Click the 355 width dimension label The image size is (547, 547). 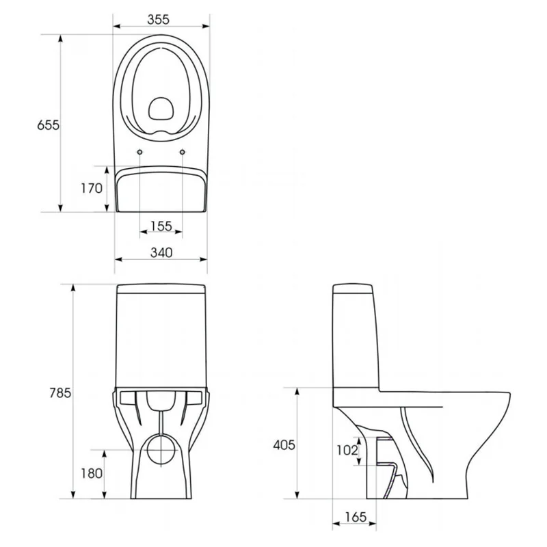158,20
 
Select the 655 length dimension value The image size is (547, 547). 48,125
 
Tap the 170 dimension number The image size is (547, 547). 92,189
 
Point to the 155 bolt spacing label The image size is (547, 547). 161,226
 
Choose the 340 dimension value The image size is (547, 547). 161,252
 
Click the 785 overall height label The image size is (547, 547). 60,392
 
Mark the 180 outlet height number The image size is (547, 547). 92,473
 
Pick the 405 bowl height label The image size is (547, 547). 284,445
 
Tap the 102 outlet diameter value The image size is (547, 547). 347,450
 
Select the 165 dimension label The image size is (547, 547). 356,517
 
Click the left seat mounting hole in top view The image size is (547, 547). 140,152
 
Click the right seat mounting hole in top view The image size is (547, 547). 182,152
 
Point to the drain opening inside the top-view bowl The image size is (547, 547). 161,108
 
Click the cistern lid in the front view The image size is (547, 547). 161,289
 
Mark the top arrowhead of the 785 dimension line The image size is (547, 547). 73,288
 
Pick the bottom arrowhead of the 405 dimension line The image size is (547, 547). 297,494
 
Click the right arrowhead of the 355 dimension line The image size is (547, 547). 206,26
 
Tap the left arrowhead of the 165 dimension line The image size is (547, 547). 336,523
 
